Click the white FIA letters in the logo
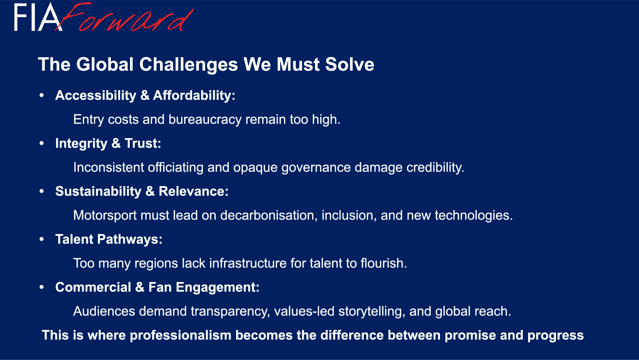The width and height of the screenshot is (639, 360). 38,18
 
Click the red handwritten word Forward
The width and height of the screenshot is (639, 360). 125,18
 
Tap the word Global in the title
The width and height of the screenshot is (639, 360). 105,64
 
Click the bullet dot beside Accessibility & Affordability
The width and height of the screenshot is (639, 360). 42,95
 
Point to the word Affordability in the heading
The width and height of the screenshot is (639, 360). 194,95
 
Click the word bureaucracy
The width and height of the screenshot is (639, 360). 205,120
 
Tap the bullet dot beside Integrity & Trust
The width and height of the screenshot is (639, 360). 42,143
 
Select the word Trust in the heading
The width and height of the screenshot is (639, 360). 143,143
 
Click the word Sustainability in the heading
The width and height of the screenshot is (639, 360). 98,191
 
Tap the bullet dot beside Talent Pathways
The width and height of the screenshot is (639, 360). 42,239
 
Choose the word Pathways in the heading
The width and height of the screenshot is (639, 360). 130,239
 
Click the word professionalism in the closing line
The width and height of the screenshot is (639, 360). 181,335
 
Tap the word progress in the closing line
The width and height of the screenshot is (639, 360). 556,335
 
